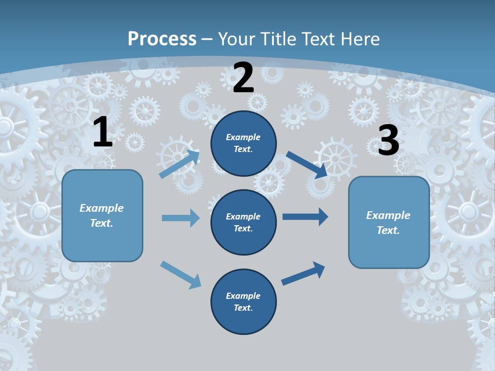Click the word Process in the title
162,39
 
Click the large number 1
103,132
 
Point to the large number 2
243,78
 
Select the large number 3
388,141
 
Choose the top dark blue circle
243,143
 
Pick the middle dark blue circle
243,222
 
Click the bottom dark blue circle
243,301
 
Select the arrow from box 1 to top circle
179,163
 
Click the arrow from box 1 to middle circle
180,218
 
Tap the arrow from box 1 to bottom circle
180,275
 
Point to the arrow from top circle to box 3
307,164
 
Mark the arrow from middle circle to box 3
305,217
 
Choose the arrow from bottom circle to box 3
303,273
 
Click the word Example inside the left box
102,208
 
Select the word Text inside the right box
388,230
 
